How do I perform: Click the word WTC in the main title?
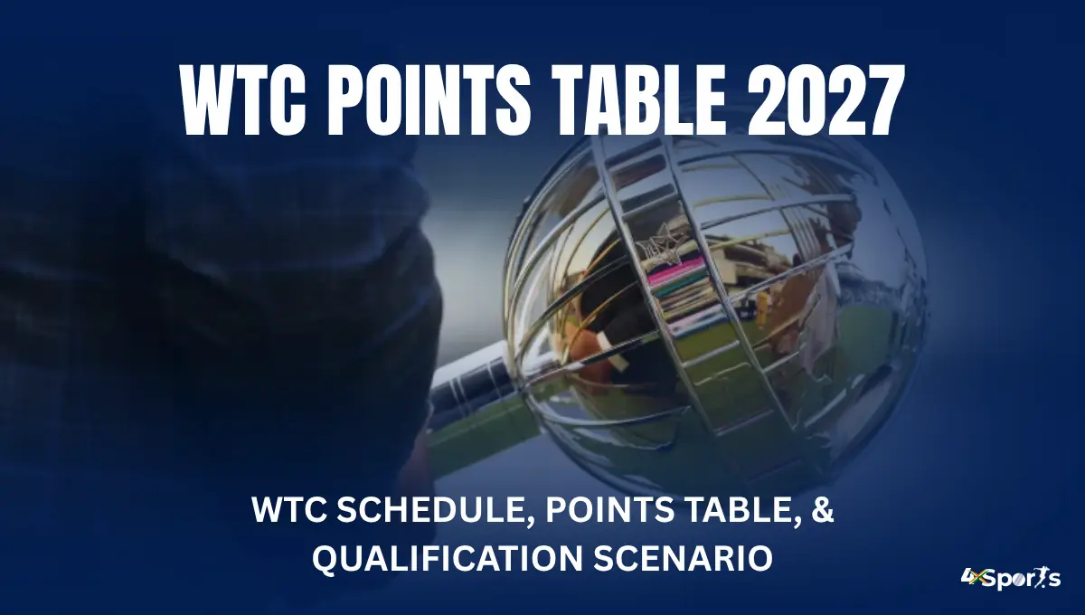(243, 99)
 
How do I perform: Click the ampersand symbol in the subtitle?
(822, 510)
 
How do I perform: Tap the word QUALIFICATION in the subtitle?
(447, 559)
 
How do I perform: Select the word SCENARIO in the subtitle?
(683, 559)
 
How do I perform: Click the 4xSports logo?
(1011, 578)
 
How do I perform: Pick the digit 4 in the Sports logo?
(967, 577)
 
